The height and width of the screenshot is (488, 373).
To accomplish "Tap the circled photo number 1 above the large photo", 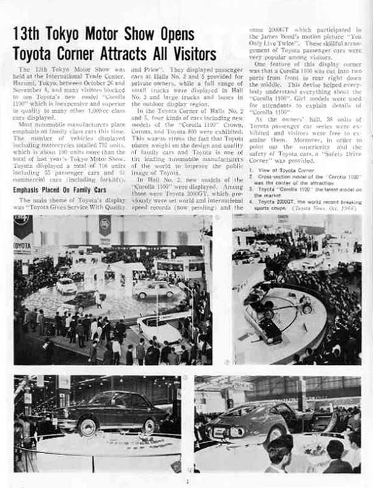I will [x=218, y=217].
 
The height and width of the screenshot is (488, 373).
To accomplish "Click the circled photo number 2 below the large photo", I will [x=227, y=362].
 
